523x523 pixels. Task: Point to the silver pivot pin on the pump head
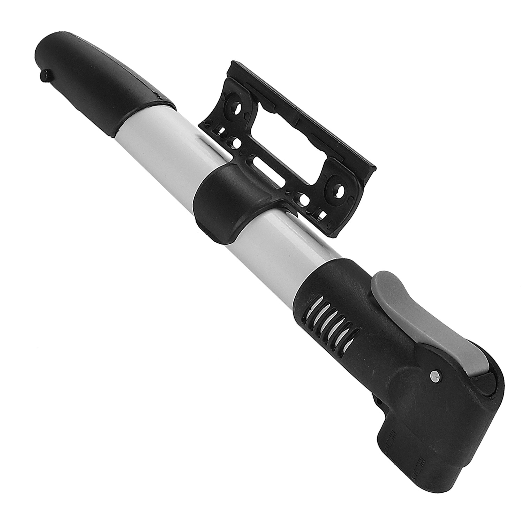(x=434, y=376)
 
